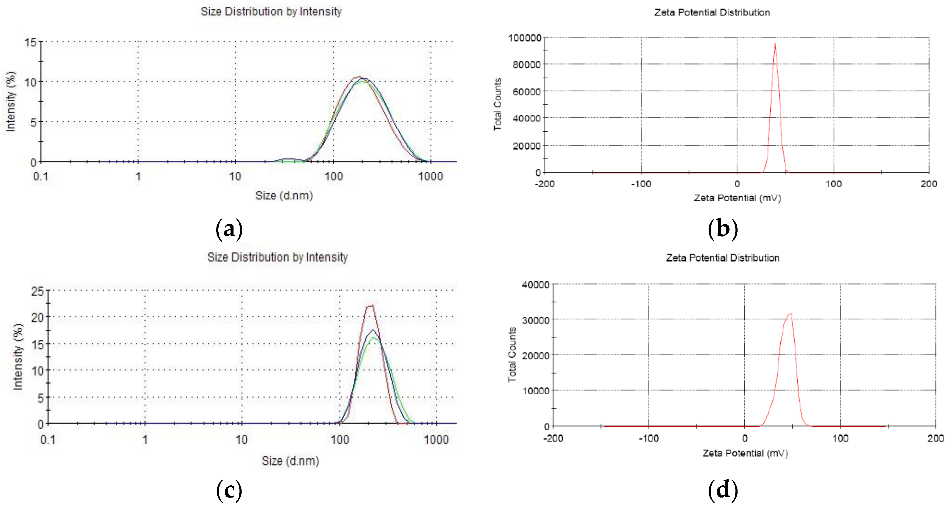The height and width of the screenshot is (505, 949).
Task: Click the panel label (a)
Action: (x=229, y=229)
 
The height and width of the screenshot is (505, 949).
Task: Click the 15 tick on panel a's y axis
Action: (x=31, y=42)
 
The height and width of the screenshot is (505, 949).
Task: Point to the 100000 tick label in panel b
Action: (x=524, y=38)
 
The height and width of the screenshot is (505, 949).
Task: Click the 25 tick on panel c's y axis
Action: (x=38, y=292)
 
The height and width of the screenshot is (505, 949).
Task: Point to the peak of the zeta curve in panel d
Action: (x=791, y=314)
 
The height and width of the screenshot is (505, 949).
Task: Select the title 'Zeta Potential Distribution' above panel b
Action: (x=712, y=13)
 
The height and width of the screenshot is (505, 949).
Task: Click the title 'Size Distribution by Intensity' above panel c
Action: (x=277, y=257)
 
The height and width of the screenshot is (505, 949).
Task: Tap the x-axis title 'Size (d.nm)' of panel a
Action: (x=284, y=196)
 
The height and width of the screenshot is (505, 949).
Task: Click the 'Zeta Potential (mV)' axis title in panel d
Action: (x=745, y=453)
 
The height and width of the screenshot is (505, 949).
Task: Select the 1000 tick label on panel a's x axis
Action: (x=430, y=177)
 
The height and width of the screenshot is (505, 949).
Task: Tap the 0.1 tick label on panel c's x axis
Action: (x=48, y=439)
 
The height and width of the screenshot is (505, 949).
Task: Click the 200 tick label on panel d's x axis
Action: (x=935, y=438)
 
